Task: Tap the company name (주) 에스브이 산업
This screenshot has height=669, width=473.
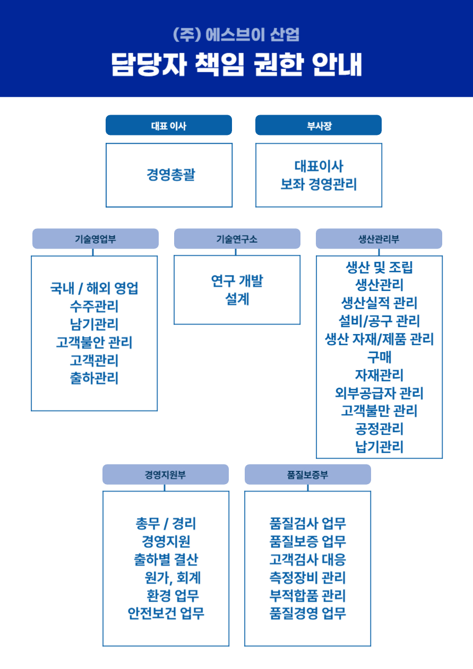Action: click(236, 35)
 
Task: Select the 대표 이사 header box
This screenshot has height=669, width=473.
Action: click(169, 125)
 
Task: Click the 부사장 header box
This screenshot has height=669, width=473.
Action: click(319, 125)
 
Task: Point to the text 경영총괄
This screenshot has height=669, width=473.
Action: click(170, 175)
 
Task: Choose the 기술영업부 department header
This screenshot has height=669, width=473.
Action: click(96, 239)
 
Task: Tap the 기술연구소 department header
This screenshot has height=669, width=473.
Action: click(237, 239)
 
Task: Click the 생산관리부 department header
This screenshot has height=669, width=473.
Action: click(379, 239)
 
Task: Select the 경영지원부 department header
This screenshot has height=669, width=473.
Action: click(166, 475)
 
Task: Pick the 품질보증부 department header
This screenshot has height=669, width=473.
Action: click(308, 475)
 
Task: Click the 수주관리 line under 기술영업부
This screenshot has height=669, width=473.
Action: click(94, 306)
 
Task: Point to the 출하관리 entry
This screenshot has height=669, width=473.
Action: click(94, 379)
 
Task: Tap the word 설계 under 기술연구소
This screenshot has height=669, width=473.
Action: click(237, 299)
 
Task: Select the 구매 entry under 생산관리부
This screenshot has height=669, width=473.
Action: click(379, 357)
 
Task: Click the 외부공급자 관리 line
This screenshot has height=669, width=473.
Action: click(379, 393)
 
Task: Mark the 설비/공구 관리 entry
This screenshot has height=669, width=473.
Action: click(379, 321)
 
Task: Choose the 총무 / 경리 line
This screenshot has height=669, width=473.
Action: click(166, 524)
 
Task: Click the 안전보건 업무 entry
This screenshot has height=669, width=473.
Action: click(166, 614)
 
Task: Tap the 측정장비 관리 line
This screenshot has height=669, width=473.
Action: click(308, 578)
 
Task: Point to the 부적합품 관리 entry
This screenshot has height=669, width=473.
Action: click(308, 596)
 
